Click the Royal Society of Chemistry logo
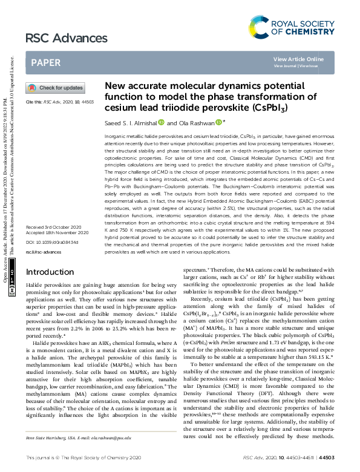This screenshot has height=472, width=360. coord(292,27)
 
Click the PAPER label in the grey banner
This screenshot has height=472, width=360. coord(45,62)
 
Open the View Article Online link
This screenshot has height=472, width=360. coord(298,59)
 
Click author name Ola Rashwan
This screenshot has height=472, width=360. coord(193,122)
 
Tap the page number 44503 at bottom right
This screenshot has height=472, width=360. coord(343,458)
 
